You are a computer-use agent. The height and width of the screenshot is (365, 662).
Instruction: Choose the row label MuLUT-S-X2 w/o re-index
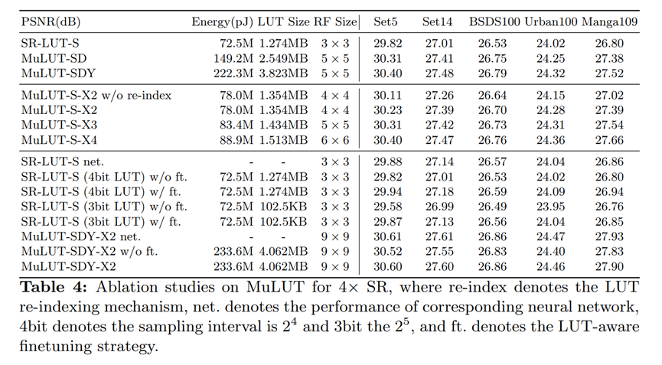click(x=96, y=96)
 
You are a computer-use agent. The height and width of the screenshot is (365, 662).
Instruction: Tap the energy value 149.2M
click(x=227, y=58)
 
